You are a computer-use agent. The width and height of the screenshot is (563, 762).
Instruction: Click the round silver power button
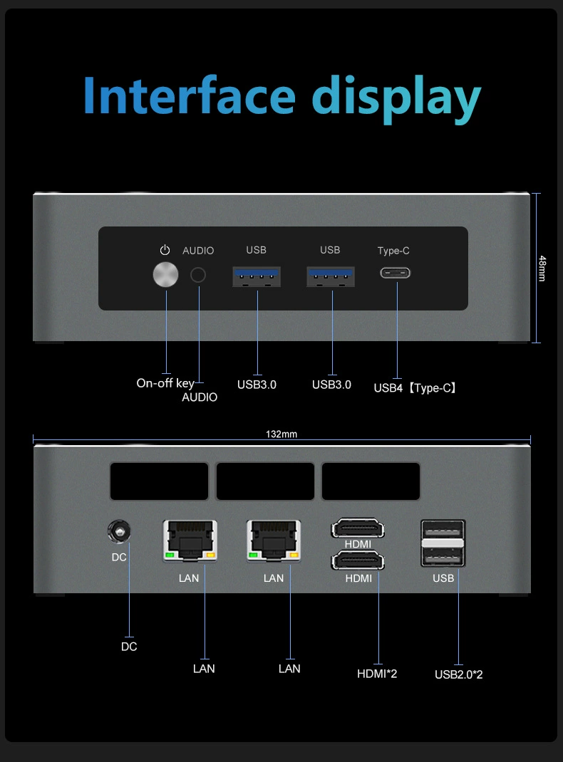tap(166, 275)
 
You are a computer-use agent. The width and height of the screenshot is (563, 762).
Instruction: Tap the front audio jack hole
tap(198, 275)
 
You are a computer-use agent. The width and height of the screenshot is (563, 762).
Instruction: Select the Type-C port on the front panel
tap(396, 273)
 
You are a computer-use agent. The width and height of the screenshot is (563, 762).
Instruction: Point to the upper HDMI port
tap(358, 529)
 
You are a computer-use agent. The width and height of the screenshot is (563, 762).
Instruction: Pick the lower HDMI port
tap(358, 561)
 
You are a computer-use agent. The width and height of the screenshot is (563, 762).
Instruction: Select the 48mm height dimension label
tap(542, 268)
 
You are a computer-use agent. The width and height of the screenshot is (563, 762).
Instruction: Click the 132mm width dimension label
tap(281, 434)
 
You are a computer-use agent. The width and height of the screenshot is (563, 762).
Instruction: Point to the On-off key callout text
tap(165, 383)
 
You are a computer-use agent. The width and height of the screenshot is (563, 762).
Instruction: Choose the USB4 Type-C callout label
tap(415, 388)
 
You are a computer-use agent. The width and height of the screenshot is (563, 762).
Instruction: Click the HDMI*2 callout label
tap(377, 673)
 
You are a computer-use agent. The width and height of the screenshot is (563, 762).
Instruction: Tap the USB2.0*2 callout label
tap(458, 674)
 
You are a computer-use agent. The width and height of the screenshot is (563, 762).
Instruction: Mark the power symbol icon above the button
tap(165, 250)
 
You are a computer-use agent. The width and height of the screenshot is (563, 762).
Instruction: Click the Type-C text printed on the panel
tap(393, 251)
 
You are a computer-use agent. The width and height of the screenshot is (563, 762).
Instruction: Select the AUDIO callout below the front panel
tap(200, 397)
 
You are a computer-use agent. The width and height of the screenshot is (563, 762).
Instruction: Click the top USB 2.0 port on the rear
tap(443, 532)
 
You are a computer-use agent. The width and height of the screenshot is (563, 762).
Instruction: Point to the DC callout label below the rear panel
tap(129, 647)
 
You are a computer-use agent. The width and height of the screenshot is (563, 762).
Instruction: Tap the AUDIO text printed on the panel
tap(198, 251)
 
